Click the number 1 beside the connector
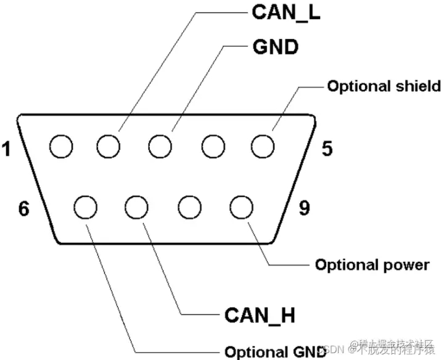pyautogui.click(x=7, y=149)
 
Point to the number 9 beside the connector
pyautogui.click(x=304, y=208)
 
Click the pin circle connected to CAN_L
pyautogui.click(x=108, y=147)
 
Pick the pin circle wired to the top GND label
pyautogui.click(x=160, y=147)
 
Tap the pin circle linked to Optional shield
pyautogui.click(x=262, y=147)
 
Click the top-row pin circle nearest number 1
pyautogui.click(x=61, y=147)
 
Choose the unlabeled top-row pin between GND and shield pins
pyautogui.click(x=212, y=147)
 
